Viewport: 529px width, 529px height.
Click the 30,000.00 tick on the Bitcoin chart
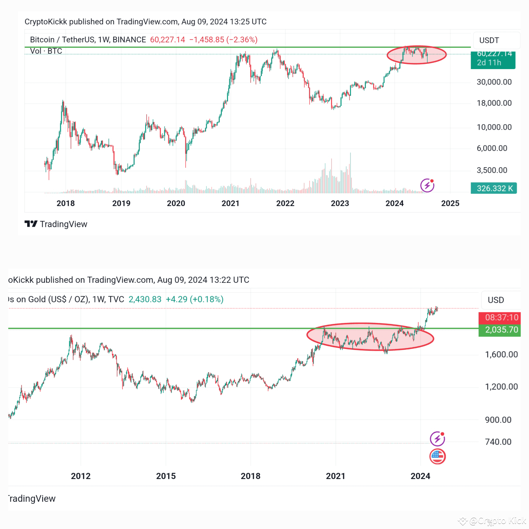pos(494,82)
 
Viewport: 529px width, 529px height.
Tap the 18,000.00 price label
pos(494,103)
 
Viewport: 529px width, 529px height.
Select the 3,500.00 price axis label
pos(492,170)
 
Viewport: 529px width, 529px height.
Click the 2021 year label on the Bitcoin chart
pos(230,203)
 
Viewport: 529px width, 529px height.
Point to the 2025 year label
pos(450,203)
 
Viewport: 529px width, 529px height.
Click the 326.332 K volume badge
pos(494,188)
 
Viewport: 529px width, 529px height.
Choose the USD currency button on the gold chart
pos(496,300)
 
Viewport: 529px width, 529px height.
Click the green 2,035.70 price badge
pos(501,330)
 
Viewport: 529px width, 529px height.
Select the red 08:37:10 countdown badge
pos(501,317)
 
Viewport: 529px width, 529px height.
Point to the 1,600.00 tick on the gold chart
pos(501,355)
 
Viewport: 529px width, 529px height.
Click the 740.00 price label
pos(498,442)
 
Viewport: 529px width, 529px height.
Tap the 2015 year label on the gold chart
pos(166,476)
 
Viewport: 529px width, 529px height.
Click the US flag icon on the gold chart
pos(437,457)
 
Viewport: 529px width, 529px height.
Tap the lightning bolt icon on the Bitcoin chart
pos(427,185)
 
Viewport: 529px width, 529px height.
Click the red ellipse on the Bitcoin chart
pos(417,55)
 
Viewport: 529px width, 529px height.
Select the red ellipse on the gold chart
pos(370,337)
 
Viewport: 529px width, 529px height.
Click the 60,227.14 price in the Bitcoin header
pos(168,40)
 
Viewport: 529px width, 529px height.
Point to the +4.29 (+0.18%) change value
pos(194,299)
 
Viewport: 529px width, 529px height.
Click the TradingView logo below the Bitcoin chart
pos(56,224)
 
